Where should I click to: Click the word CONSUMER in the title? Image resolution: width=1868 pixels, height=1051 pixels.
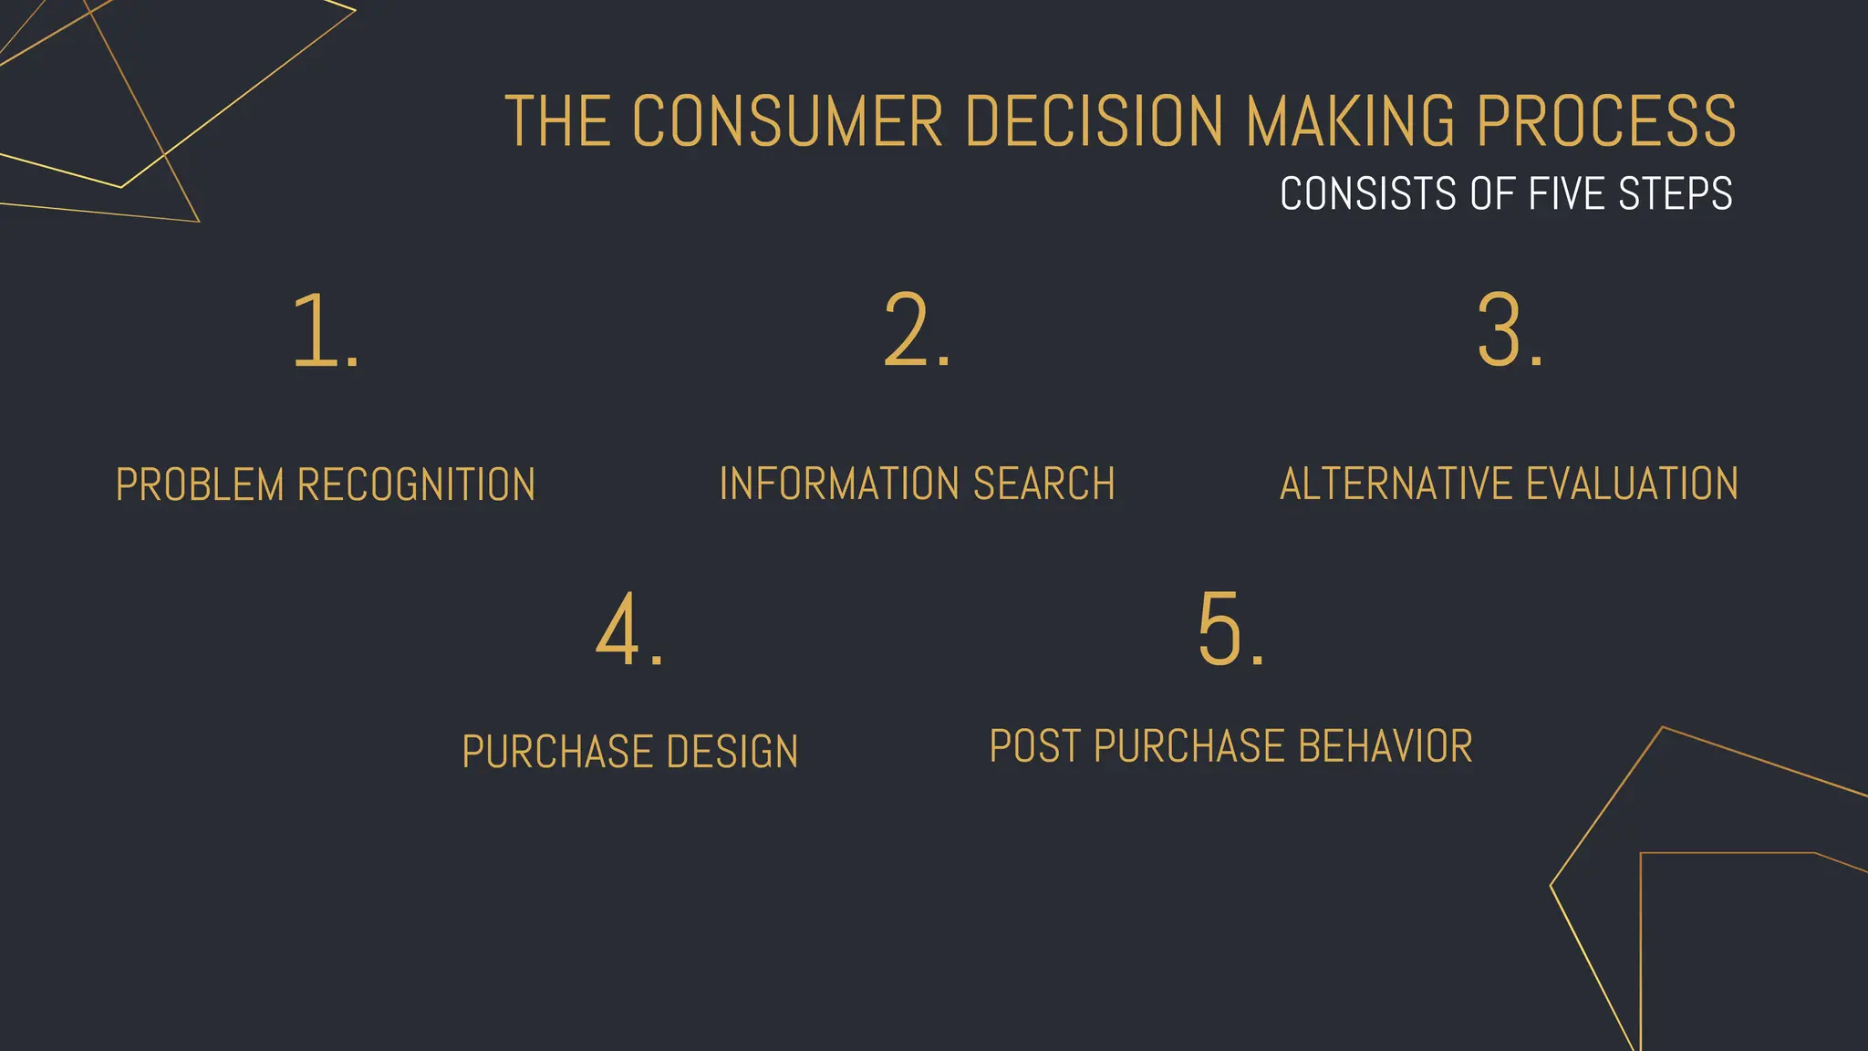[x=787, y=121]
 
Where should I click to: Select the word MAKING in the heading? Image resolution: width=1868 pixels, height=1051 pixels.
[x=1350, y=121]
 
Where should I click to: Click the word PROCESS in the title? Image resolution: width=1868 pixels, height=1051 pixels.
[x=1606, y=121]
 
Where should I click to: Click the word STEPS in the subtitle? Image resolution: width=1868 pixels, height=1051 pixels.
[x=1675, y=193]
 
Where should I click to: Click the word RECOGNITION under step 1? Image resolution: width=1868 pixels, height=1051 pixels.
[x=416, y=484]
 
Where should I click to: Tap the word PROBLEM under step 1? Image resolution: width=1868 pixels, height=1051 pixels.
[x=200, y=484]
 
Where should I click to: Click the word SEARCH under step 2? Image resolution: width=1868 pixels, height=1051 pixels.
[x=1043, y=484]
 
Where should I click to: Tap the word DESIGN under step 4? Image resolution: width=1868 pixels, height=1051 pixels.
[x=732, y=752]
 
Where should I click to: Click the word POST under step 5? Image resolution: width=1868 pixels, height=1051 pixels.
[x=1035, y=746]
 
